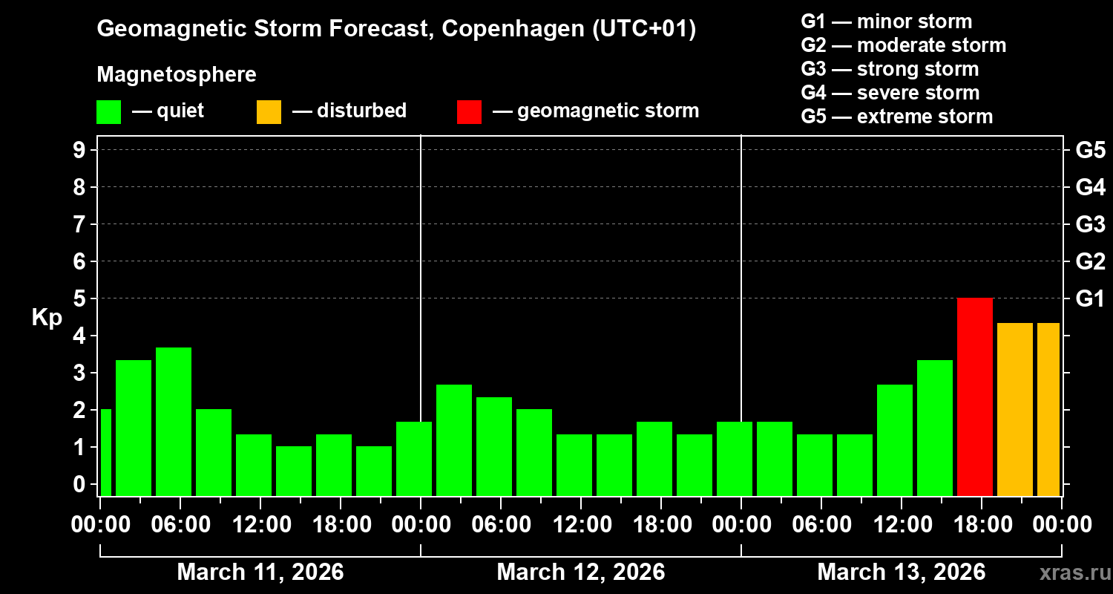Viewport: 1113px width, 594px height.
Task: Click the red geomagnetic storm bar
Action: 975,396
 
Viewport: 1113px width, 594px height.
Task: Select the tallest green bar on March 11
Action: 174,421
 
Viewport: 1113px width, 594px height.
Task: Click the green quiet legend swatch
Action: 108,112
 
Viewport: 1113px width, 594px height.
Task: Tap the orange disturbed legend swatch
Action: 269,112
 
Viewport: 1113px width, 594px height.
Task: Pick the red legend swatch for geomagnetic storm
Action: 469,112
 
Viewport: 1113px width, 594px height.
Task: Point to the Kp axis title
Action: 47,318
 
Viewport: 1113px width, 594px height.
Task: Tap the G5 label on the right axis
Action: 1090,151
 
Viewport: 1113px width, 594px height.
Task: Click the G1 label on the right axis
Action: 1090,299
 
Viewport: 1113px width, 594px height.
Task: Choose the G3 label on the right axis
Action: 1090,225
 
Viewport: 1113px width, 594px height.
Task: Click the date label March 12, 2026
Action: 580,572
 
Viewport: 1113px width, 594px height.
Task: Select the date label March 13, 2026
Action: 901,572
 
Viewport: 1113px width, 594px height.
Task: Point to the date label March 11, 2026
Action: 260,572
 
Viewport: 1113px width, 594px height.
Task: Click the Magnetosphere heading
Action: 177,75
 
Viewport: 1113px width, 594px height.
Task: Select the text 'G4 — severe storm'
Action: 890,93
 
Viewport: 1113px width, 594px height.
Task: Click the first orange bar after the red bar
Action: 1015,409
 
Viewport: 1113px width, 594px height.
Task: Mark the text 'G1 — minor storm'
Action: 886,22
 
